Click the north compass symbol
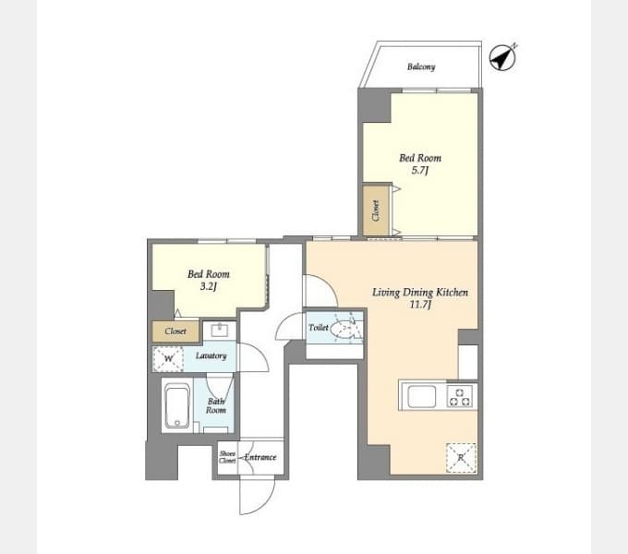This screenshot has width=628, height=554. point(503,57)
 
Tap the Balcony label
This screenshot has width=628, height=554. point(421,66)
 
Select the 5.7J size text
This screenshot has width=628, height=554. point(420,171)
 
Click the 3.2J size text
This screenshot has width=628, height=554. point(209,286)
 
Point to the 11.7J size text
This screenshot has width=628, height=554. point(420,305)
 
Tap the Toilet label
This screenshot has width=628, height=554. point(319,328)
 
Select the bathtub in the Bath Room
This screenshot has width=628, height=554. point(176,406)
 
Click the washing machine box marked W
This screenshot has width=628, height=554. point(168,358)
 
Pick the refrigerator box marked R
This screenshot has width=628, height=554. point(461,458)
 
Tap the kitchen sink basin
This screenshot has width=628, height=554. point(422,396)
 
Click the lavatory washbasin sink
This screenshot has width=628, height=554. point(220,331)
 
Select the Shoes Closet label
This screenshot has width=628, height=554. point(227,457)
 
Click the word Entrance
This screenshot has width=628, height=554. point(260,457)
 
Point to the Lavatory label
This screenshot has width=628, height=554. point(211,355)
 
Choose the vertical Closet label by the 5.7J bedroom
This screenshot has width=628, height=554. point(376,211)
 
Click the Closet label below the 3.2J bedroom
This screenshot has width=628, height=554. point(175,331)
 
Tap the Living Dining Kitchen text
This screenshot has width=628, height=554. point(420,292)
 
